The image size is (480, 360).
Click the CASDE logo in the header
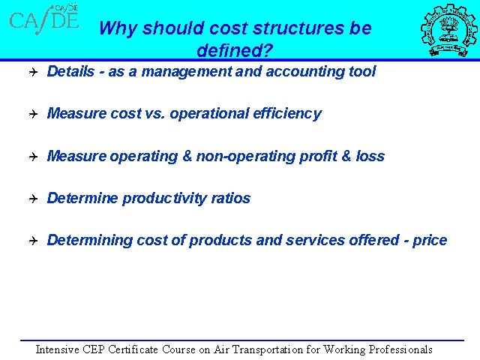tap(44, 19)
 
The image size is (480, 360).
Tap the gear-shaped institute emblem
tap(448, 30)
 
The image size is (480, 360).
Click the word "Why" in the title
tap(118, 28)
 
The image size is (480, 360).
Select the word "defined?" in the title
tap(235, 50)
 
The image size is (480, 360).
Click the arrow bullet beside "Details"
tap(33, 72)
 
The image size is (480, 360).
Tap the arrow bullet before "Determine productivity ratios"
tap(33, 199)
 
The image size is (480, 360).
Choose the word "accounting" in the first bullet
tap(305, 72)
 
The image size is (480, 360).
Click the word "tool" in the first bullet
tap(362, 71)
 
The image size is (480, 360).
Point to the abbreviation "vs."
tap(155, 113)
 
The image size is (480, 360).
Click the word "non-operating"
tap(246, 157)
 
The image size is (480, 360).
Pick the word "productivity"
tap(165, 198)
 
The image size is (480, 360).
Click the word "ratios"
tap(231, 198)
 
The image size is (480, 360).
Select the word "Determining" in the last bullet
tap(90, 240)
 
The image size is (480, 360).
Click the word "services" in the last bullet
tap(315, 240)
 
